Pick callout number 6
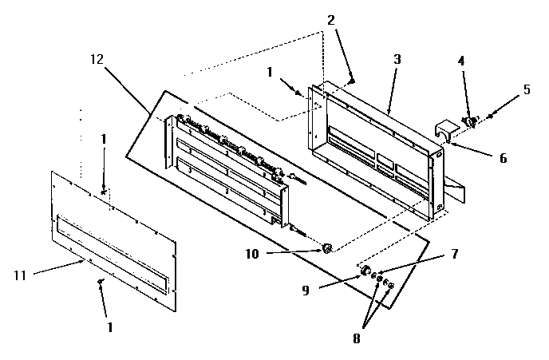503,157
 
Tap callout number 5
527,89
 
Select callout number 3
397,59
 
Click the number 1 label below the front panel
109,327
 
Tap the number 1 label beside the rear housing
271,71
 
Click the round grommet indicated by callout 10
326,250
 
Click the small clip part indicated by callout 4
469,121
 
